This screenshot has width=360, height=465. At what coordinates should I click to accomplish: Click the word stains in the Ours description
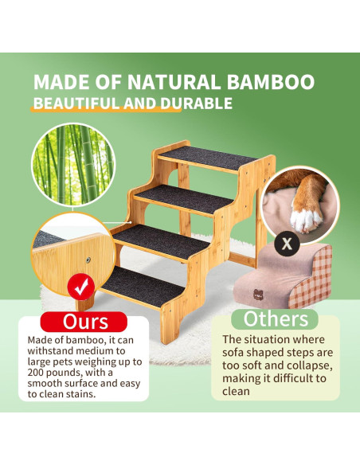pos(97,394)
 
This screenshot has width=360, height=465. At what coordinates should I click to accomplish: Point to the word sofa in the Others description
pos(237,354)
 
